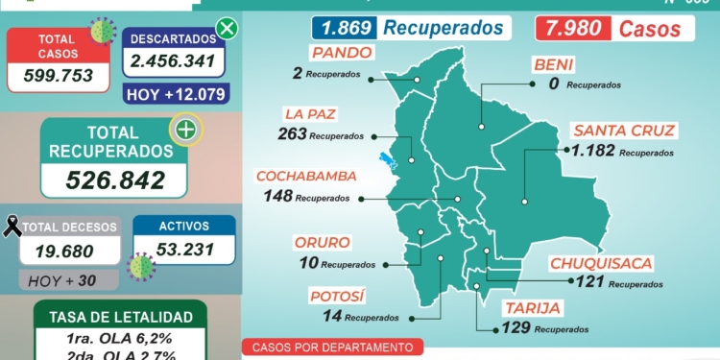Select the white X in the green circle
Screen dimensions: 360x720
pos(227,28)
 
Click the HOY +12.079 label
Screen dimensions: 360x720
pos(174,94)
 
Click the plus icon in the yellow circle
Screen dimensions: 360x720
pos(185,130)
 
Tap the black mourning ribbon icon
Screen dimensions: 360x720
pos(12,227)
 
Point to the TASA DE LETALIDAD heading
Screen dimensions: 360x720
pos(120,316)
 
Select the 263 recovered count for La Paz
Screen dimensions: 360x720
pos(292,134)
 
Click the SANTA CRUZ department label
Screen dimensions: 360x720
pos(624,130)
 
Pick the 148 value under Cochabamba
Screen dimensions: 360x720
pos(277,197)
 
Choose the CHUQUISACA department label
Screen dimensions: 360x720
pos(602,262)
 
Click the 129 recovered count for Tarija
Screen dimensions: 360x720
pos(516,328)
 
